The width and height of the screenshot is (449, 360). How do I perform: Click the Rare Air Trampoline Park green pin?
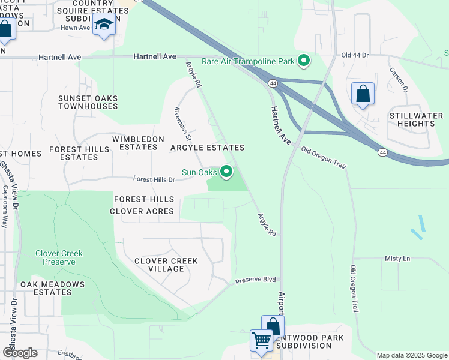(304, 61)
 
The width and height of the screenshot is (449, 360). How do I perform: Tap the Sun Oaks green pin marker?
(227, 173)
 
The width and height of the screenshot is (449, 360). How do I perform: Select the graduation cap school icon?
(104, 26)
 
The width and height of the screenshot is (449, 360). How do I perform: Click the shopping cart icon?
(262, 340)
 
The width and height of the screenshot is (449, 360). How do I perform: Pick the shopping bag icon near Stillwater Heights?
(363, 94)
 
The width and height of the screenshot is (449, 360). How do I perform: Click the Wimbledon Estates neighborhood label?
(138, 143)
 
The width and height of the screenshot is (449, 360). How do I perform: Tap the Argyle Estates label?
(208, 148)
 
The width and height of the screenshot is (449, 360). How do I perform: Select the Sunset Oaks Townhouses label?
(88, 102)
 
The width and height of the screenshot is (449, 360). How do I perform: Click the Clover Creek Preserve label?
(59, 257)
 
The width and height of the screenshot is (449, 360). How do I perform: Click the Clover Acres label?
(142, 211)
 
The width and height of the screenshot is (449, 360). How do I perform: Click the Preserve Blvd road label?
(255, 280)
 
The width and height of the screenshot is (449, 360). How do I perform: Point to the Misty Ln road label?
(397, 258)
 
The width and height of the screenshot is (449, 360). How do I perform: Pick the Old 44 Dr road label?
(354, 55)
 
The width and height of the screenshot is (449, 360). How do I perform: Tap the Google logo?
(20, 353)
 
